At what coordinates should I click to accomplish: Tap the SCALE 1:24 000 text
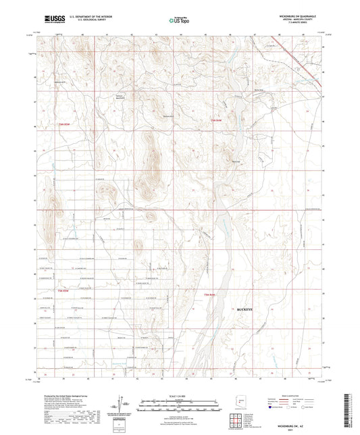180,396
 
